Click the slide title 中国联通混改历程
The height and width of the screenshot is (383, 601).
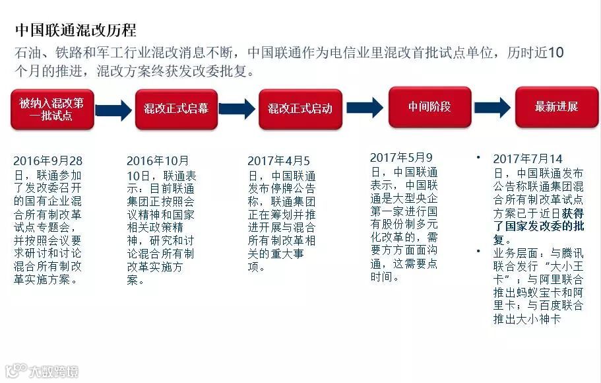75,30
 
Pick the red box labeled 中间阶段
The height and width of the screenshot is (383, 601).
429,106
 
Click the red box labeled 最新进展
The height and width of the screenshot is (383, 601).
556,107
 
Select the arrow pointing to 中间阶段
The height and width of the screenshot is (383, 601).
364,107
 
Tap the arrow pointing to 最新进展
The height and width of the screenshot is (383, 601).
492,107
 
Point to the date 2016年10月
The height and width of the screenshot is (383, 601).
158,161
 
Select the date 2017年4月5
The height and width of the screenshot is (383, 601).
278,161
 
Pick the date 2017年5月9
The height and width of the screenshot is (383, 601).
401,158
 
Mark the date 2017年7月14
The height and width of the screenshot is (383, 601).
528,159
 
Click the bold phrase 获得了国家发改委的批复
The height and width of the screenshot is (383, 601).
538,226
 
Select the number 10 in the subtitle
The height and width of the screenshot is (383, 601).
555,53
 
